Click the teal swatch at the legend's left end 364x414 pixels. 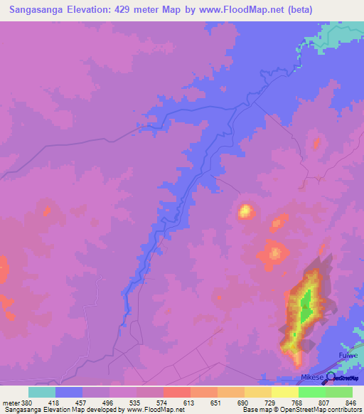[42, 392]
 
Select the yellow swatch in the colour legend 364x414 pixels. [284, 392]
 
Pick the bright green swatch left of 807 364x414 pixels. [311, 392]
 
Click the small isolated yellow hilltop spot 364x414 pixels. [246, 211]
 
